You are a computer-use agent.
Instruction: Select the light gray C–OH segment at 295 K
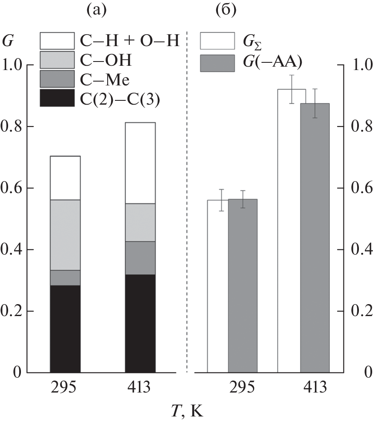point(65,235)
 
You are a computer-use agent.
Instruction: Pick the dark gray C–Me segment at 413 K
point(140,258)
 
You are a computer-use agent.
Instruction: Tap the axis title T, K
point(187,411)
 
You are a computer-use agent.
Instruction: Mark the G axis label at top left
point(8,42)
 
